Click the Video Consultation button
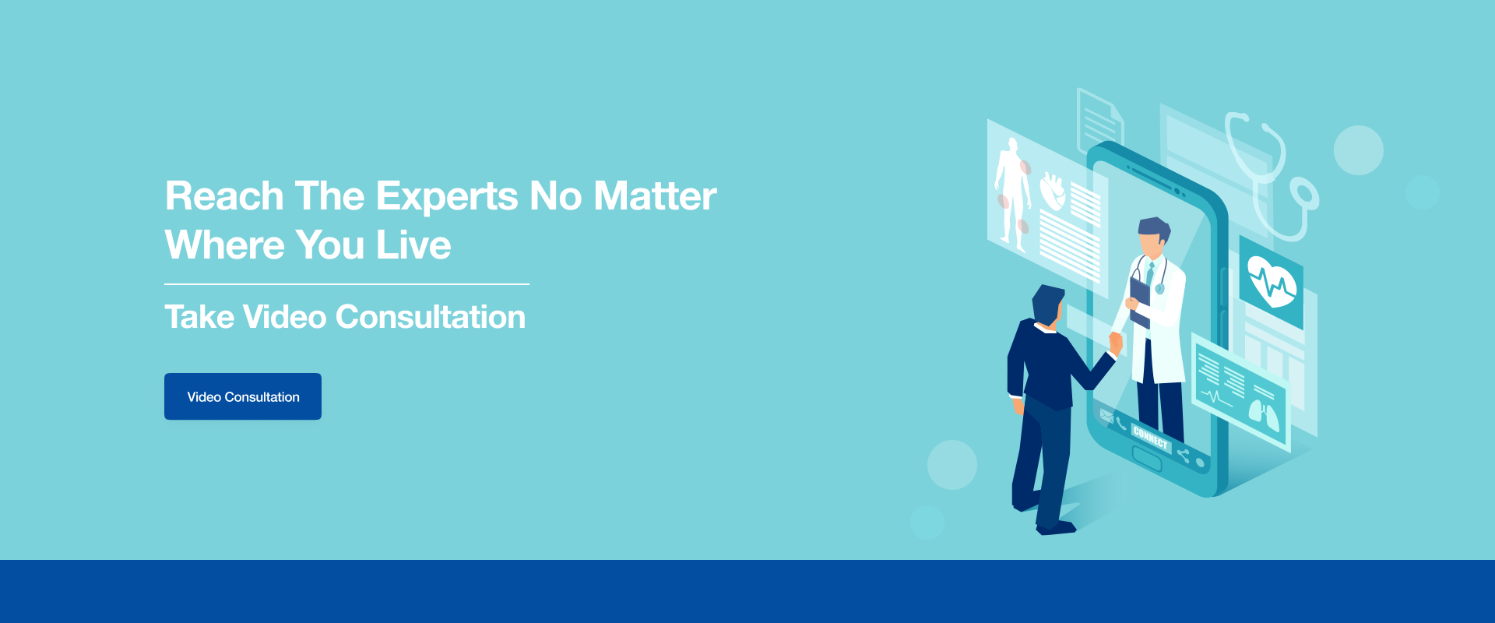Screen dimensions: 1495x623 click(243, 396)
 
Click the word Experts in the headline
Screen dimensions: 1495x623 click(447, 197)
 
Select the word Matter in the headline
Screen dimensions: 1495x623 click(655, 195)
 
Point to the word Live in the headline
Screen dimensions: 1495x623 click(413, 245)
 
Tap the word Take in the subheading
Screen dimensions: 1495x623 click(199, 317)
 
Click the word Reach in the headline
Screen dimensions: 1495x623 click(224, 195)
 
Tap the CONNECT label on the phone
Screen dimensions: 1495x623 click(1151, 438)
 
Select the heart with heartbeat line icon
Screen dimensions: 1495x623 click(1272, 282)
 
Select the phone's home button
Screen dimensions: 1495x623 click(1146, 458)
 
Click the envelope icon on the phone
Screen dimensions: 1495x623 click(1106, 415)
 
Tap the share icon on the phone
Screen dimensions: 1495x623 click(1184, 455)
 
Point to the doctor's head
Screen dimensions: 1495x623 click(1153, 237)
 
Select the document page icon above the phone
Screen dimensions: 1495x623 click(1099, 120)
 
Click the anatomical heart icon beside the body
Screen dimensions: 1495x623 click(1052, 192)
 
